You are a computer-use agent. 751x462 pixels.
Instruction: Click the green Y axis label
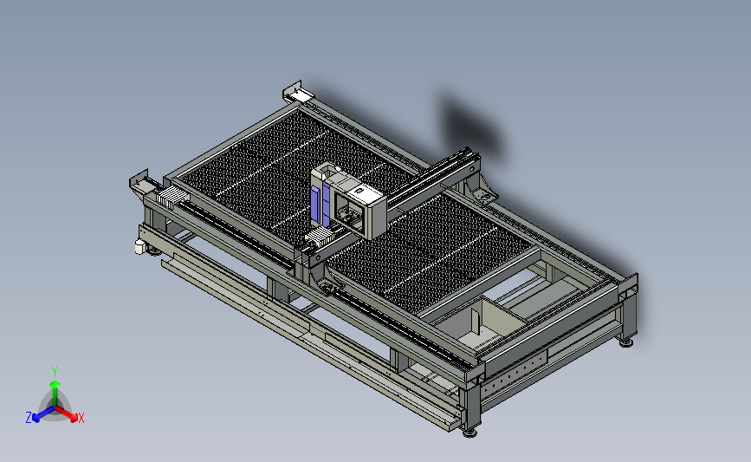55,372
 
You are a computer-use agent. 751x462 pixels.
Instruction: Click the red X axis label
81,418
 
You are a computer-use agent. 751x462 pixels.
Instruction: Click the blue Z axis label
29,418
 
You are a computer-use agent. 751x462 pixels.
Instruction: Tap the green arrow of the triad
55,392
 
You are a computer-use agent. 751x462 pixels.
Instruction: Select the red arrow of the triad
67,413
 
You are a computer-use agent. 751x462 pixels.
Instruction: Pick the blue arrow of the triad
43,414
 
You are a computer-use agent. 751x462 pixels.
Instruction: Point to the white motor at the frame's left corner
139,247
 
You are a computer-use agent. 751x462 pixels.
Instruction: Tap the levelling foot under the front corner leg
469,433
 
